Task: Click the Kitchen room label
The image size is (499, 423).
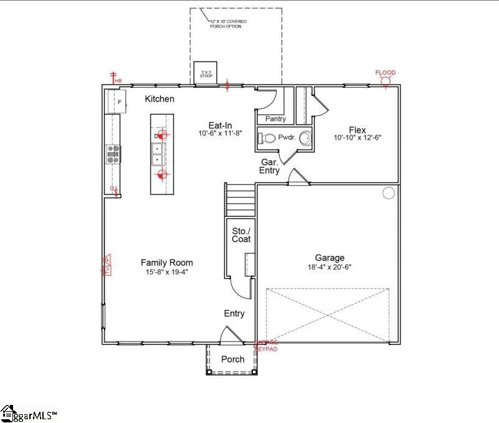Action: (x=159, y=99)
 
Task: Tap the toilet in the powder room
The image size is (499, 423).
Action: (x=268, y=138)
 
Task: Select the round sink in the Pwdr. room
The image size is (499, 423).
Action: (x=305, y=138)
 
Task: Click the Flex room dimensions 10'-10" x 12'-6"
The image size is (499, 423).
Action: (x=357, y=138)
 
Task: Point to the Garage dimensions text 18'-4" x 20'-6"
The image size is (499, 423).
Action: (x=330, y=267)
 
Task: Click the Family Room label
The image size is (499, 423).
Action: (x=166, y=263)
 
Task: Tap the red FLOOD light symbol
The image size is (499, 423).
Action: (x=386, y=78)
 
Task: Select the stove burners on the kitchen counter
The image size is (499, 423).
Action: (x=113, y=154)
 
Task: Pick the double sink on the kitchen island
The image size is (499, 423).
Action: (x=158, y=153)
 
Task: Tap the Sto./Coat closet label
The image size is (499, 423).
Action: (x=241, y=235)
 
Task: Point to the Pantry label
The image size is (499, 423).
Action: (x=275, y=119)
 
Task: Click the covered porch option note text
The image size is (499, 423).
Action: (x=228, y=24)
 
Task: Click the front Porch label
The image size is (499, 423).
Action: (x=233, y=359)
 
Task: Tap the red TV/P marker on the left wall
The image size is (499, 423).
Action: (x=106, y=265)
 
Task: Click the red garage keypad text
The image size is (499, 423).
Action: (x=267, y=346)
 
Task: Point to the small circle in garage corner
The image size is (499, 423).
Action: (x=389, y=192)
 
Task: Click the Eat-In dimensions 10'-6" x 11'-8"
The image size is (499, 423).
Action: (x=221, y=133)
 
